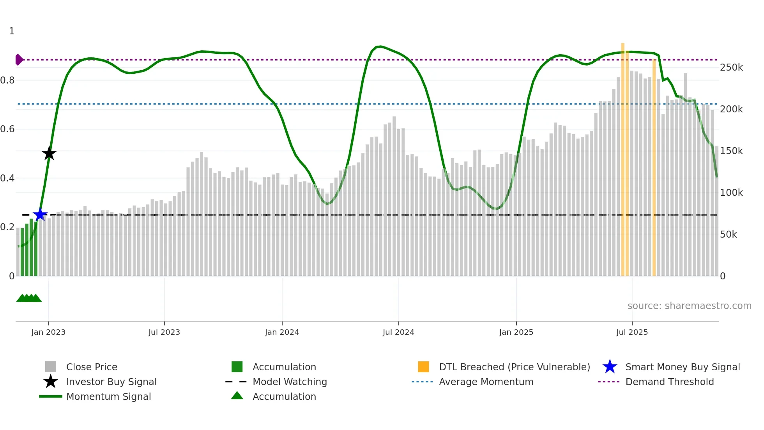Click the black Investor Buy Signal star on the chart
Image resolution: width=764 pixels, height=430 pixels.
(49, 153)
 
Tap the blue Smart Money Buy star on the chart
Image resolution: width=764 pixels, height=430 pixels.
(40, 215)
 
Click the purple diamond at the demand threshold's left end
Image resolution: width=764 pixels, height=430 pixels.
(19, 60)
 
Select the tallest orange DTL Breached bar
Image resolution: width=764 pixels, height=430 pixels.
(623, 156)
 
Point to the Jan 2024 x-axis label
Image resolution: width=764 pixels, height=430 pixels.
(282, 332)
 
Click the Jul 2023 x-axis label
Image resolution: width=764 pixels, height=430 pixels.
(164, 332)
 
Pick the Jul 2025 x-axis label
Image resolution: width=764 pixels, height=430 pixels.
(632, 332)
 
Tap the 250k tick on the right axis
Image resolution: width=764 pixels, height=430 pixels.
(731, 68)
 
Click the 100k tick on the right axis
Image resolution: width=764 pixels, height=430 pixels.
(731, 193)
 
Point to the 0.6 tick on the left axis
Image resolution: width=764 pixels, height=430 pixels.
(7, 129)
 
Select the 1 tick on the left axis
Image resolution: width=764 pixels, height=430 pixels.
(12, 31)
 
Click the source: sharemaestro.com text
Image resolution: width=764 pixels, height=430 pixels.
(689, 306)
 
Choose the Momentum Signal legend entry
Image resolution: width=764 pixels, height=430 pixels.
(108, 396)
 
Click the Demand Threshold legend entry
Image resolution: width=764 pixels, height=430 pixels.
(669, 382)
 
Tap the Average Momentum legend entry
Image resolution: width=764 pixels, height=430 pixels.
(486, 382)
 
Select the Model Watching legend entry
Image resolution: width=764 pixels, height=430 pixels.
(289, 382)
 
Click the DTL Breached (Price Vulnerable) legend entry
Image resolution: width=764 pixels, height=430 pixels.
(514, 367)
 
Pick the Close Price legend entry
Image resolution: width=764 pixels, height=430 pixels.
(92, 367)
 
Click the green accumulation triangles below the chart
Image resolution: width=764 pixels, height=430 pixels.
(29, 298)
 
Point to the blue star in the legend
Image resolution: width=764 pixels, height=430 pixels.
(610, 367)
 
